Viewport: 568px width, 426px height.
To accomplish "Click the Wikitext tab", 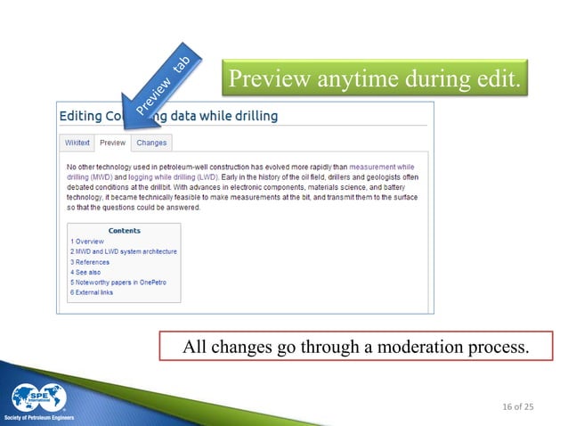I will [x=78, y=143].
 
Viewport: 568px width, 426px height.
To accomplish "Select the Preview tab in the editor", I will [x=112, y=143].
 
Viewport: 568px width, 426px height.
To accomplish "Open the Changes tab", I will [x=151, y=143].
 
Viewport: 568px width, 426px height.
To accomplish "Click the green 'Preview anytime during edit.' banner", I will [x=375, y=80].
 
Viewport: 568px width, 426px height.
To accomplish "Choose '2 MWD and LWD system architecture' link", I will [x=123, y=252].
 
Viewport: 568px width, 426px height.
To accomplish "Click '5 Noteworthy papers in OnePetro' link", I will [x=118, y=283].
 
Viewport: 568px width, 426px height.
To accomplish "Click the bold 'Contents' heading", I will [x=124, y=231].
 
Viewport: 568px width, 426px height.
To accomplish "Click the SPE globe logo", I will [x=40, y=397].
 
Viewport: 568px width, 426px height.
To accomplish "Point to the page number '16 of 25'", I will [x=515, y=407].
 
